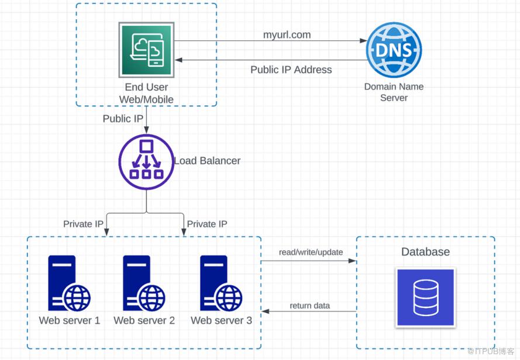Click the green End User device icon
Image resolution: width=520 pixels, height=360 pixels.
pyautogui.click(x=146, y=50)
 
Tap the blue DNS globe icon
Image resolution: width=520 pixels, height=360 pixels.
pyautogui.click(x=394, y=50)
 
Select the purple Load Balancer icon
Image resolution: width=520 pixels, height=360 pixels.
pyautogui.click(x=146, y=161)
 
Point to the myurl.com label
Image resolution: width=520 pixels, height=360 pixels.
pyautogui.click(x=287, y=35)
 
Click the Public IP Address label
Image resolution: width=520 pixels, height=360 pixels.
pyautogui.click(x=291, y=70)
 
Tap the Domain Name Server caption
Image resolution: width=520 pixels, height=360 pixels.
pyautogui.click(x=394, y=92)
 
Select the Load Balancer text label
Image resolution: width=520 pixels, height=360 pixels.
pyautogui.click(x=207, y=161)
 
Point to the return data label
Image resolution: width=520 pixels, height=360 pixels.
pyautogui.click(x=309, y=306)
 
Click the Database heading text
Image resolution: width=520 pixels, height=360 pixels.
pyautogui.click(x=425, y=252)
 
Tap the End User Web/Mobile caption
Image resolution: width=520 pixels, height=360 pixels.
pyautogui.click(x=146, y=94)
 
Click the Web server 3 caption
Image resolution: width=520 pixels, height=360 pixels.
pyautogui.click(x=221, y=320)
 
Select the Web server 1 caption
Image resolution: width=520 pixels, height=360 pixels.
pyautogui.click(x=69, y=320)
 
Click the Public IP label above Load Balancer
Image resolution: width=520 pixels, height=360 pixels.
pyautogui.click(x=123, y=119)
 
